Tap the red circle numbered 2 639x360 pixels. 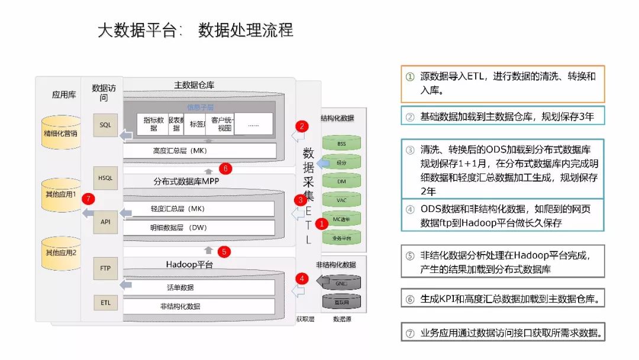point(302,126)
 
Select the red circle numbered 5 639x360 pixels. point(224,252)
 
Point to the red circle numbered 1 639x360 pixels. point(321,224)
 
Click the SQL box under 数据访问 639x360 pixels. point(105,126)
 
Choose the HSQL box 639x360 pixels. point(105,178)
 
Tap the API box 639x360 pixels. point(105,222)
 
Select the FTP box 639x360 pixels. point(105,268)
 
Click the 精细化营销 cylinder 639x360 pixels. point(61,133)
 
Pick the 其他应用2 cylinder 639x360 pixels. point(61,253)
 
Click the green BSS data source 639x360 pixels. point(341,144)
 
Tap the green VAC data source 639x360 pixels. point(341,200)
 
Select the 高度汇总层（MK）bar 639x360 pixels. point(199,151)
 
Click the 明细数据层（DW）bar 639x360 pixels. point(199,227)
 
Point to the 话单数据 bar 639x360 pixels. point(199,288)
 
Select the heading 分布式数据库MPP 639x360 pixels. point(186,181)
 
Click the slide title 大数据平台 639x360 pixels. point(138,31)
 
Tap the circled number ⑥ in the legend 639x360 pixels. point(409,300)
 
